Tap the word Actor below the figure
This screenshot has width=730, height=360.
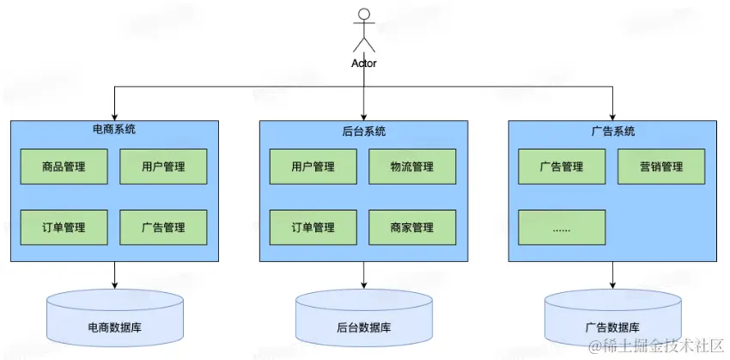click(364, 63)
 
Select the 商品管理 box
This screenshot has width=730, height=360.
click(64, 167)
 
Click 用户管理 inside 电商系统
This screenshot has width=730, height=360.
click(163, 167)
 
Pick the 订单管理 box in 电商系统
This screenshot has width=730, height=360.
click(64, 228)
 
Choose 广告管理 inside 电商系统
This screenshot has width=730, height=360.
click(163, 228)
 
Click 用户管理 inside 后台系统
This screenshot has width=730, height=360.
click(313, 167)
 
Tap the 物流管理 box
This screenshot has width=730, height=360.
click(411, 167)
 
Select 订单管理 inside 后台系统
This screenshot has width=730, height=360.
click(313, 228)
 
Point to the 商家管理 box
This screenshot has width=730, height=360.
click(411, 228)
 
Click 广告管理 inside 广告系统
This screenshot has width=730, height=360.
click(562, 167)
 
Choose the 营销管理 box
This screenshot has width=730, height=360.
click(661, 167)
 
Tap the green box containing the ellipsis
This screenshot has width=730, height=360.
click(562, 228)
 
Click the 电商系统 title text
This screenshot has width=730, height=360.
click(114, 131)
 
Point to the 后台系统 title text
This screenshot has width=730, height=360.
click(363, 131)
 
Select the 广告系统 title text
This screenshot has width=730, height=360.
click(612, 131)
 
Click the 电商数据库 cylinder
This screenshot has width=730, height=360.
click(114, 320)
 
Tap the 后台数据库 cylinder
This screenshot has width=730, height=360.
click(363, 320)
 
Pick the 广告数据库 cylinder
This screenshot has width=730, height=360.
click(612, 320)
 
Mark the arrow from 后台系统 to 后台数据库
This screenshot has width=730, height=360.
click(363, 275)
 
